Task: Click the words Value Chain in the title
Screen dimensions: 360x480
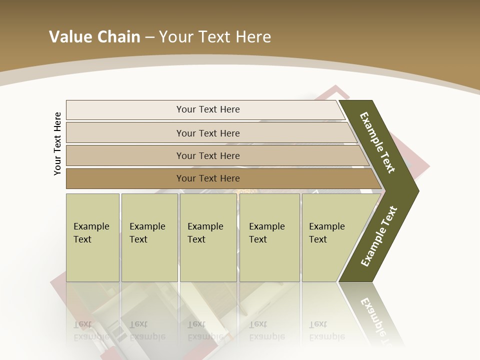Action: (94, 37)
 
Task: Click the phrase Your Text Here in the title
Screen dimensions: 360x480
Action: (215, 37)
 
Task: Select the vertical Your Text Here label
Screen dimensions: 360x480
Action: (57, 143)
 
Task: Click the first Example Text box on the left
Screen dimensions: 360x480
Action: (92, 237)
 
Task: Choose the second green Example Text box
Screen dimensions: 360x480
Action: (149, 237)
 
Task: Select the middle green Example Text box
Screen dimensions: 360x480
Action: (208, 237)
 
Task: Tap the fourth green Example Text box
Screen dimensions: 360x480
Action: (269, 237)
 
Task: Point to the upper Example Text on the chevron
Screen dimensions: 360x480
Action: (377, 142)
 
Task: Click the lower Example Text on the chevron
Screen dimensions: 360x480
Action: (378, 236)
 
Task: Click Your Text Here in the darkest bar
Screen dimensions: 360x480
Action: (208, 178)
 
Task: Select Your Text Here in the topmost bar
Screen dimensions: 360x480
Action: (208, 109)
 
